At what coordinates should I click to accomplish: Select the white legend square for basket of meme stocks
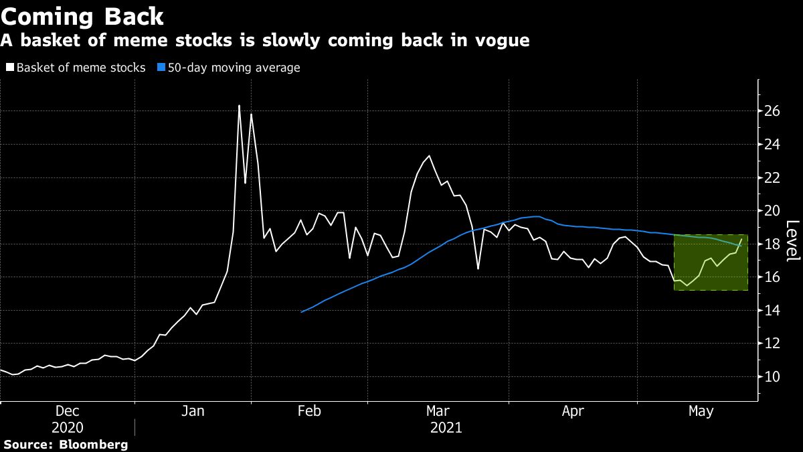pos(9,68)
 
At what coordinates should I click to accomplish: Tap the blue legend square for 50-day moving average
pos(161,68)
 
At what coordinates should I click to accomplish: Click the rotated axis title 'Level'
pos(792,241)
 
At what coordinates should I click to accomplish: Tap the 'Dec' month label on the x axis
pos(68,411)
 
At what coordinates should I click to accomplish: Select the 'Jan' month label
pos(193,411)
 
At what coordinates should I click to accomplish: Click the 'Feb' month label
pos(309,411)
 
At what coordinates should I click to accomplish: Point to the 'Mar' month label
pos(438,411)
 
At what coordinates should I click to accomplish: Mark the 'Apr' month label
pos(573,411)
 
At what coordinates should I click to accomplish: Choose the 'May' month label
pos(701,411)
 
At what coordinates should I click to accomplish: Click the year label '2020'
pos(68,427)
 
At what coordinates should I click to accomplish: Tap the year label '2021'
pos(446,427)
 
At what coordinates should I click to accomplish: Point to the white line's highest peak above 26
pos(239,106)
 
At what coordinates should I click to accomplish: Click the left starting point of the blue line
pos(302,312)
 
